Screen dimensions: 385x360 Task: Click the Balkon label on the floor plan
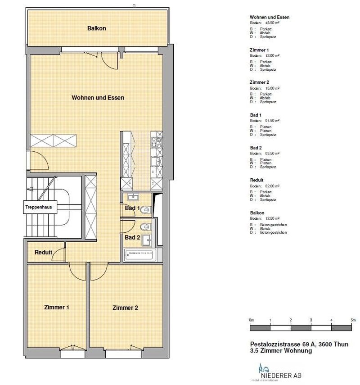pos(96,28)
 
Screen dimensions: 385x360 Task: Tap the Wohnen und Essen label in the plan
pos(98,97)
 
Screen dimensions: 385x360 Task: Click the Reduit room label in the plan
pos(43,252)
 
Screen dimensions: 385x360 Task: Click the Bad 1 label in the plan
pos(132,209)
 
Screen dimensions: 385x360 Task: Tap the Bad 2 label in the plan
pos(132,237)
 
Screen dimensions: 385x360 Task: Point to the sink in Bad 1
pos(134,197)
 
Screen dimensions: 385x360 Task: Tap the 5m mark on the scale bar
pos(352,320)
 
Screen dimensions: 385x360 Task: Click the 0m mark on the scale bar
pos(252,320)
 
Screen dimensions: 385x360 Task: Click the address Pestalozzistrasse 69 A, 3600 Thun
pos(299,344)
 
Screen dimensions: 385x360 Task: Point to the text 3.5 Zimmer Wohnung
pos(281,350)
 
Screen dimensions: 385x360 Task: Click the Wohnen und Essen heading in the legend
pos(270,18)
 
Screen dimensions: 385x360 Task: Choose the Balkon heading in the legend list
pos(257,213)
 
